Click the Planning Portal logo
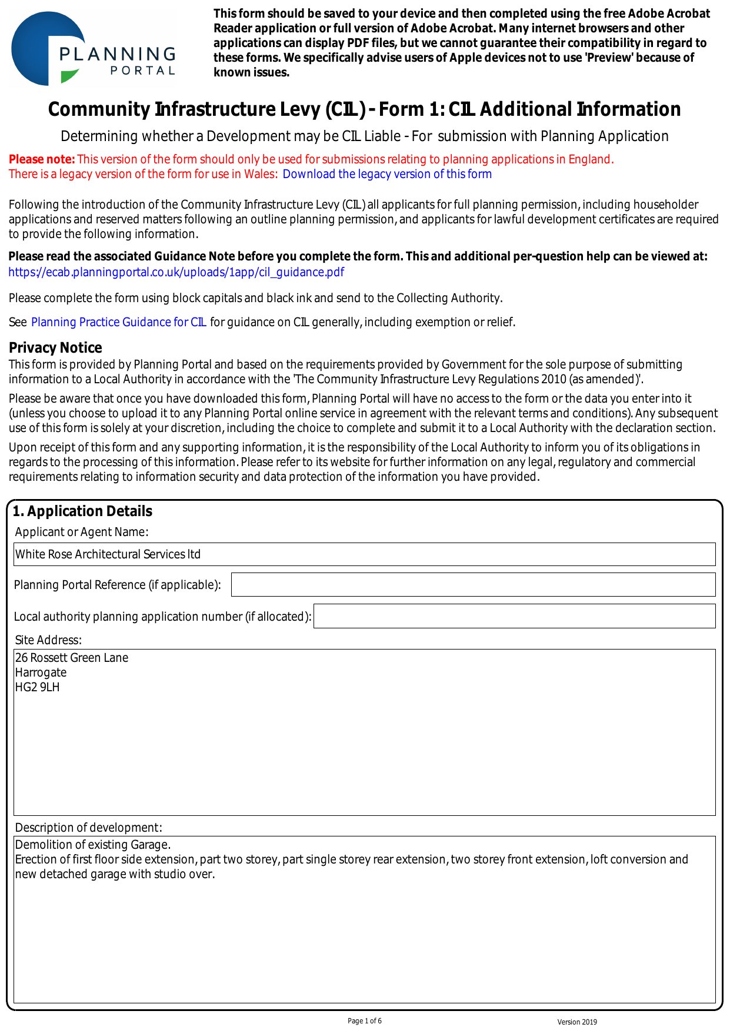tap(93, 48)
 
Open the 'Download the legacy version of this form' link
tap(387, 174)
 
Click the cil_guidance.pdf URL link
tap(176, 272)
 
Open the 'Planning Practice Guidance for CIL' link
tap(119, 322)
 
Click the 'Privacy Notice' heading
tap(55, 347)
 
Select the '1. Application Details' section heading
tap(82, 511)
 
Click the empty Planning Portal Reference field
tap(473, 585)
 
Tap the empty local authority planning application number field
tap(514, 616)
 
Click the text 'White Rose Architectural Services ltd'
tap(108, 554)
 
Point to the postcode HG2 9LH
tap(37, 687)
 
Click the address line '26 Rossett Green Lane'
tap(72, 658)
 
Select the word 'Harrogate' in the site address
tap(41, 672)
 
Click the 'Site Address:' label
tap(48, 640)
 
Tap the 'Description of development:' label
tap(88, 828)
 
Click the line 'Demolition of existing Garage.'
tap(93, 845)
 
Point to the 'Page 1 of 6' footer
tap(365, 1021)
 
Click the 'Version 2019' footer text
tap(576, 1022)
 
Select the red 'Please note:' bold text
tap(42, 159)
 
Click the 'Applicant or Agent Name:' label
tap(82, 532)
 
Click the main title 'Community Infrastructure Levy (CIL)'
tap(206, 110)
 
